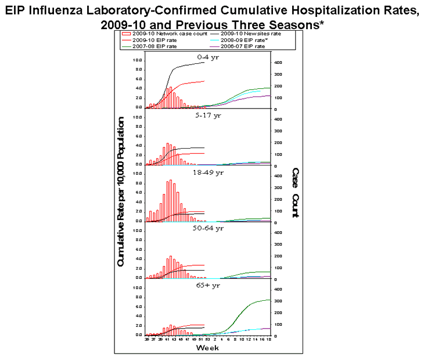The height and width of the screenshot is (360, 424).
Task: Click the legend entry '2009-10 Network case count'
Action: (x=156, y=34)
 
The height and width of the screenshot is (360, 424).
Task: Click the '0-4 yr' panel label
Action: (x=208, y=57)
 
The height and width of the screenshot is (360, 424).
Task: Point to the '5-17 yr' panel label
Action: (x=209, y=114)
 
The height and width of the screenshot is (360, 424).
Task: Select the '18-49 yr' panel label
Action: (x=209, y=172)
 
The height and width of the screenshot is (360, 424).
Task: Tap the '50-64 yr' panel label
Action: (x=209, y=228)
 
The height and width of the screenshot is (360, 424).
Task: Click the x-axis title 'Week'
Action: (x=207, y=348)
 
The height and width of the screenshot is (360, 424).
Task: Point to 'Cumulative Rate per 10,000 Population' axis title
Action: (x=121, y=192)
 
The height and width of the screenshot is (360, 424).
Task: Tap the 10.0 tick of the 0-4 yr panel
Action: (x=137, y=60)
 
